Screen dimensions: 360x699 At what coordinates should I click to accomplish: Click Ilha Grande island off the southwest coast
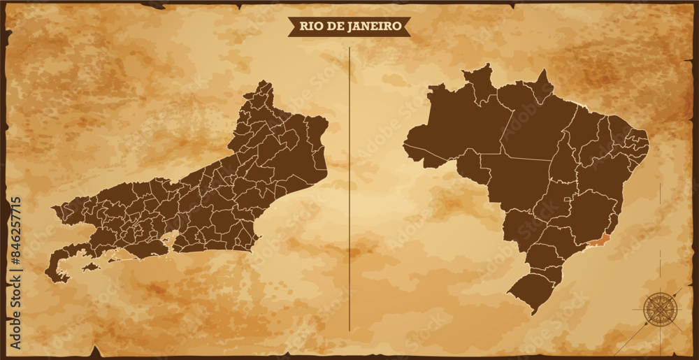89,266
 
